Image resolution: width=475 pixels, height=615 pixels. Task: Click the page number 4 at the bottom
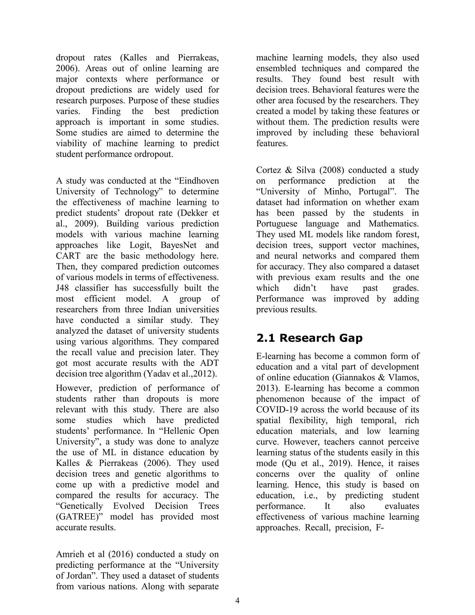pos(237,601)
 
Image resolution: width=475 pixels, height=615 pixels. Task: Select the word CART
pos(68,256)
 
